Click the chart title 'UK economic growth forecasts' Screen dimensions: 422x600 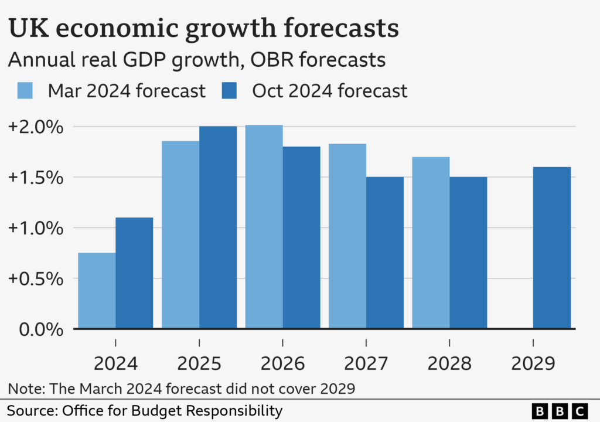[x=203, y=29]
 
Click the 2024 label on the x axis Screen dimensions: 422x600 [x=115, y=363]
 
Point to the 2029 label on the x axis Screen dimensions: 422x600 [x=533, y=363]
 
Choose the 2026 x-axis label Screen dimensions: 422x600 [x=282, y=363]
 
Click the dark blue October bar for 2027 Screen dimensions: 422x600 [x=385, y=252]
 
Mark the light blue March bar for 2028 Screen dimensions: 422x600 [x=431, y=243]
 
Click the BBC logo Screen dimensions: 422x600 [x=560, y=410]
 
